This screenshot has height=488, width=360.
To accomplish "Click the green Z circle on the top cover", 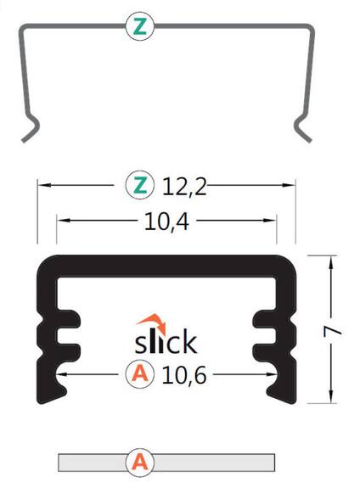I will [x=141, y=26].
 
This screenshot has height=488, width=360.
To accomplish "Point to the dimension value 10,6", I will [x=184, y=373].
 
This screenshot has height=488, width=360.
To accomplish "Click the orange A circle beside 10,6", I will [x=139, y=373].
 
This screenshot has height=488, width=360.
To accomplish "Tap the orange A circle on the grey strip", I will [x=139, y=463].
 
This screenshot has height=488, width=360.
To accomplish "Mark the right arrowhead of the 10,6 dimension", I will [x=275, y=373].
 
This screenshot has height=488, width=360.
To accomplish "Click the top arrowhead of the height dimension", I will [x=330, y=258].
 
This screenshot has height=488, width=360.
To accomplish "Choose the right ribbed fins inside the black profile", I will [x=265, y=341].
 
